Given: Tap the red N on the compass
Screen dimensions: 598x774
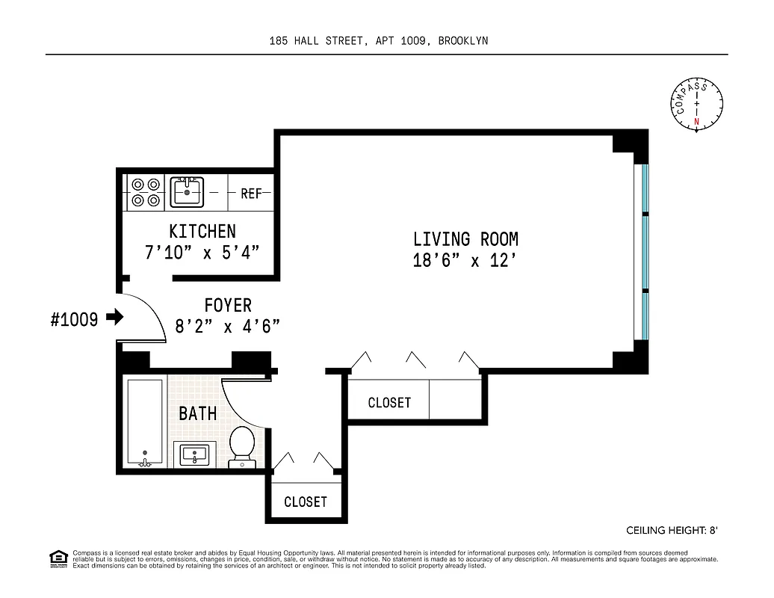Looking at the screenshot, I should click(x=697, y=122).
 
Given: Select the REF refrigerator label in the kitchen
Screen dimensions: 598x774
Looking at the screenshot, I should click(x=251, y=194).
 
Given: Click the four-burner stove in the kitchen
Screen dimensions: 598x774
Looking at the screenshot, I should click(x=145, y=191).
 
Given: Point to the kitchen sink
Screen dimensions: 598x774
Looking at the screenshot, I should click(x=187, y=191).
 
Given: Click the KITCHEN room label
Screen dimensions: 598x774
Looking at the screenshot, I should click(x=202, y=232).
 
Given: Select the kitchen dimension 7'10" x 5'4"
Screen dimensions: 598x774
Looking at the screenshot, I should click(x=202, y=252).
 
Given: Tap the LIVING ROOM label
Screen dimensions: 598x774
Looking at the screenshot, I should click(x=465, y=239).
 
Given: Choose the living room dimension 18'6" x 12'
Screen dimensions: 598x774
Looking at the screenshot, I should click(x=465, y=261).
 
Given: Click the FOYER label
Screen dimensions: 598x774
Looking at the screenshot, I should click(x=228, y=306).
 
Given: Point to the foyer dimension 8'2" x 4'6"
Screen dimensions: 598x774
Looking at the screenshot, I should click(x=228, y=326).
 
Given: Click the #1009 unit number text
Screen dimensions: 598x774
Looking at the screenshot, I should click(x=74, y=320).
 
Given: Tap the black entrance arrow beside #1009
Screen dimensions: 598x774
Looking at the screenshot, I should click(x=114, y=318).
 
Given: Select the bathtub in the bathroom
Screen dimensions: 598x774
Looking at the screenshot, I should click(x=144, y=422).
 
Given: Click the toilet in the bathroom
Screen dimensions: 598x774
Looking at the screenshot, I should click(x=241, y=444).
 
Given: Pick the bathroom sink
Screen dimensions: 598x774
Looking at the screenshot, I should click(x=195, y=453).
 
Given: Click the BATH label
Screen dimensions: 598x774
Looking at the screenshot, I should click(x=198, y=413).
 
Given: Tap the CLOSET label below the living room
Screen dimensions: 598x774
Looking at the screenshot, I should click(x=389, y=403).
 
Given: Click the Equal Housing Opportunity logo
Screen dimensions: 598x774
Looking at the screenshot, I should click(x=58, y=558).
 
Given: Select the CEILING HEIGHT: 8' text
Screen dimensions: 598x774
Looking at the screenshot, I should click(x=672, y=530).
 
